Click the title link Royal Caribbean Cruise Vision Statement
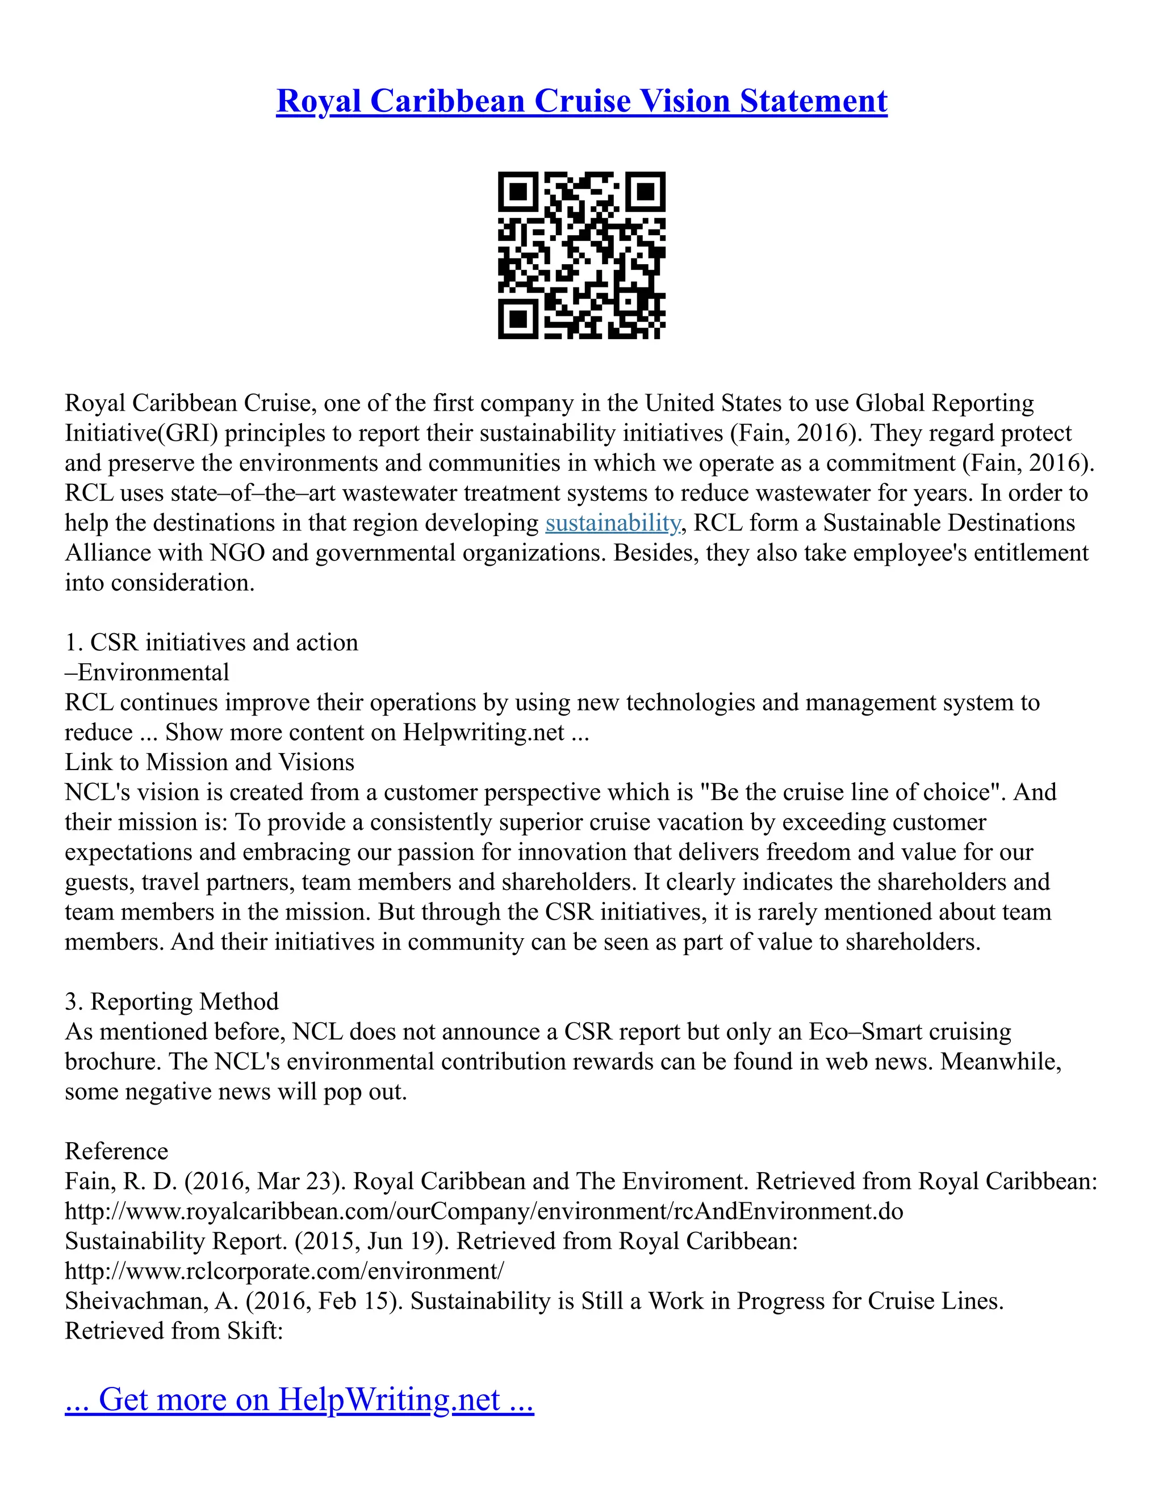[x=581, y=101]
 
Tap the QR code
[x=581, y=255]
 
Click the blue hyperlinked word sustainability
[x=613, y=523]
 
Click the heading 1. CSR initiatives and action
[x=211, y=642]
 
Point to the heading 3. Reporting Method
[x=171, y=1001]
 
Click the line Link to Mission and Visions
[x=210, y=762]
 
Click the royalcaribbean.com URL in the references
[x=484, y=1211]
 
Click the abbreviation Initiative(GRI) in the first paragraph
[x=141, y=433]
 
